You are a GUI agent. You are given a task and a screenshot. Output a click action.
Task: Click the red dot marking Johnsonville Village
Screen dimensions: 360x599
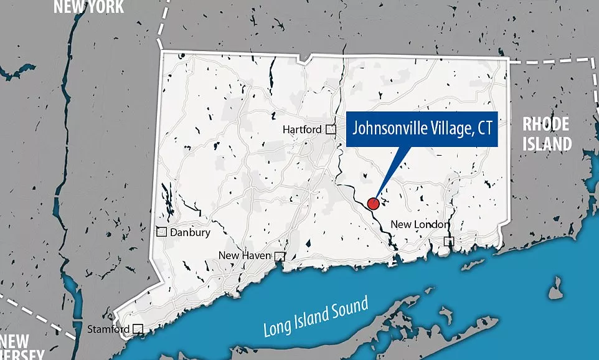(x=373, y=203)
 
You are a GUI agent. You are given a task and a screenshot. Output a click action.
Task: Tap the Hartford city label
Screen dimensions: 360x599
(x=302, y=130)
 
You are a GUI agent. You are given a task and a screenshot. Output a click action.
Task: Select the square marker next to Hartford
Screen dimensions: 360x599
(x=331, y=130)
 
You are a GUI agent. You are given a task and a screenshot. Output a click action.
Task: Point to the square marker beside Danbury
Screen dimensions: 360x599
(x=161, y=232)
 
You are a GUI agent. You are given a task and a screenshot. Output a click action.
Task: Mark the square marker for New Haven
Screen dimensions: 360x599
(x=280, y=256)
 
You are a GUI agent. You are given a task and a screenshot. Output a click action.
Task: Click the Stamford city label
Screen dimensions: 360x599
(x=109, y=329)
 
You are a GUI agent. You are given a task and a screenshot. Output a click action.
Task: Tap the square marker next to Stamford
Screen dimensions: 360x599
(x=138, y=329)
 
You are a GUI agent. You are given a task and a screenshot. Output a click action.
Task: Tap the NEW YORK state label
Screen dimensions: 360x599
(x=88, y=7)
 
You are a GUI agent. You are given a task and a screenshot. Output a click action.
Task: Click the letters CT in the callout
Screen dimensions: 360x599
(x=484, y=129)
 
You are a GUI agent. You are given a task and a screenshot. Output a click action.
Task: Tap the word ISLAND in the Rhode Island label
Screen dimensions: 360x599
(x=546, y=144)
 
